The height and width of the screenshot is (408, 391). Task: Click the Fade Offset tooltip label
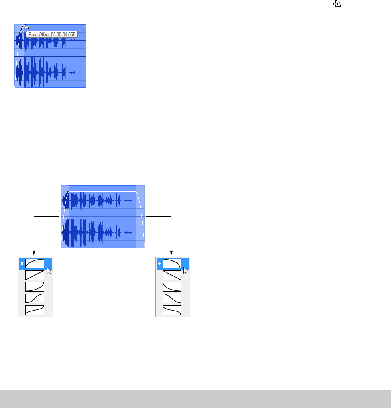point(39,35)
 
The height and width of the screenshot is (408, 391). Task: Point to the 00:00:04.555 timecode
point(63,35)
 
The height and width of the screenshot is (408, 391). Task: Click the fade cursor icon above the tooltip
point(25,28)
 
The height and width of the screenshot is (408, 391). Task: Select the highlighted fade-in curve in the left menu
point(35,264)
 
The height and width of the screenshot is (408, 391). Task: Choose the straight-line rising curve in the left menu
point(35,275)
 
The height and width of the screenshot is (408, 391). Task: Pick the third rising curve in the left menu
point(35,287)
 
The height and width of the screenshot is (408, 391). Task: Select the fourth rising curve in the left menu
point(35,298)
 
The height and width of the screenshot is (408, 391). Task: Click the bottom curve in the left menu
point(35,310)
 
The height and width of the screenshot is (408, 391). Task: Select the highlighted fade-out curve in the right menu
point(172,264)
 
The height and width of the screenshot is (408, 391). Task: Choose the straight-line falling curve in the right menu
point(172,275)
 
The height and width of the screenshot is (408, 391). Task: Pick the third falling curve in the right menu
point(172,287)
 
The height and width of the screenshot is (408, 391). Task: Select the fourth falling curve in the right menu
point(172,298)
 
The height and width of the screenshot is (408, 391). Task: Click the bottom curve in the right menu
point(172,310)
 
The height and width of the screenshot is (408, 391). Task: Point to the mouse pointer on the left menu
point(49,271)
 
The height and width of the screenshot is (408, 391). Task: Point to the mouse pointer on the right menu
point(186,271)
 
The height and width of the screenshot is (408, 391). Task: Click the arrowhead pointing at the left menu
point(34,253)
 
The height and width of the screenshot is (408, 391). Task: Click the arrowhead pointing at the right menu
point(171,253)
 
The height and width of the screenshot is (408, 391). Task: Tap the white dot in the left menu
point(22,264)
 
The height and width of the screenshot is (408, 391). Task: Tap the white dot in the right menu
point(159,264)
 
